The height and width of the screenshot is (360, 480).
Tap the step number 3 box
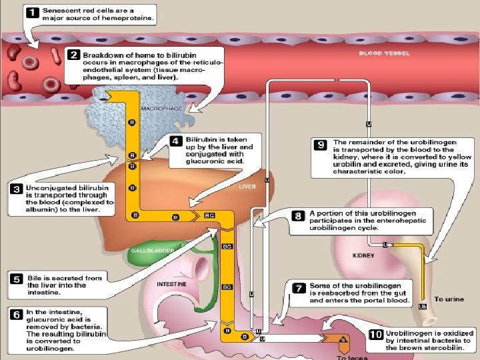[16, 189]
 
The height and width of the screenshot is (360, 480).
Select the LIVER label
[247, 187]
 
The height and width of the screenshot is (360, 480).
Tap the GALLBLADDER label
[153, 250]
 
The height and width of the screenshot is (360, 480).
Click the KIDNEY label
[364, 255]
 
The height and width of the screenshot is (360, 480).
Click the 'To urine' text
[449, 299]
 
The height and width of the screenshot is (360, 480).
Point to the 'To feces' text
[351, 357]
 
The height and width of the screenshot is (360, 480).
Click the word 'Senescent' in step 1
[60, 11]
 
